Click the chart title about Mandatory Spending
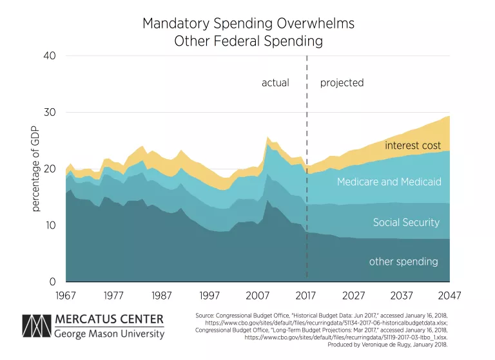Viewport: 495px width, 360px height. click(x=248, y=32)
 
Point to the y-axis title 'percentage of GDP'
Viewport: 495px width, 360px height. click(x=37, y=169)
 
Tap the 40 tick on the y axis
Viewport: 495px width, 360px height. click(x=50, y=56)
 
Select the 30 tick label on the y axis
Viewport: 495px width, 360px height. click(x=50, y=113)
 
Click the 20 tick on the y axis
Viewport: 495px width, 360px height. click(x=50, y=169)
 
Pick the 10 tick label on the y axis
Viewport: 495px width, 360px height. click(x=50, y=225)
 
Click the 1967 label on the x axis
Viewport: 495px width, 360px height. click(x=66, y=296)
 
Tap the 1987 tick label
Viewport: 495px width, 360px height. click(x=162, y=296)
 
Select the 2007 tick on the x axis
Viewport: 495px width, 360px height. click(x=258, y=296)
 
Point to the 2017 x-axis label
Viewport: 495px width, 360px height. click(x=306, y=296)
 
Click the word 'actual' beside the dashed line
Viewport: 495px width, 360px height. click(x=275, y=83)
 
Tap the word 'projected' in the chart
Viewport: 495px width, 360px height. click(x=342, y=83)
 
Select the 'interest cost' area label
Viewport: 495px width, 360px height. click(x=412, y=146)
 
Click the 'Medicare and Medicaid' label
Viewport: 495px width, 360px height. click(x=389, y=182)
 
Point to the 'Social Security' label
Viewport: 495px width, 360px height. click(x=406, y=223)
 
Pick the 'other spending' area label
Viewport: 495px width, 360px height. click(x=403, y=261)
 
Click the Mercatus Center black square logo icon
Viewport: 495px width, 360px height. click(x=35, y=327)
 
